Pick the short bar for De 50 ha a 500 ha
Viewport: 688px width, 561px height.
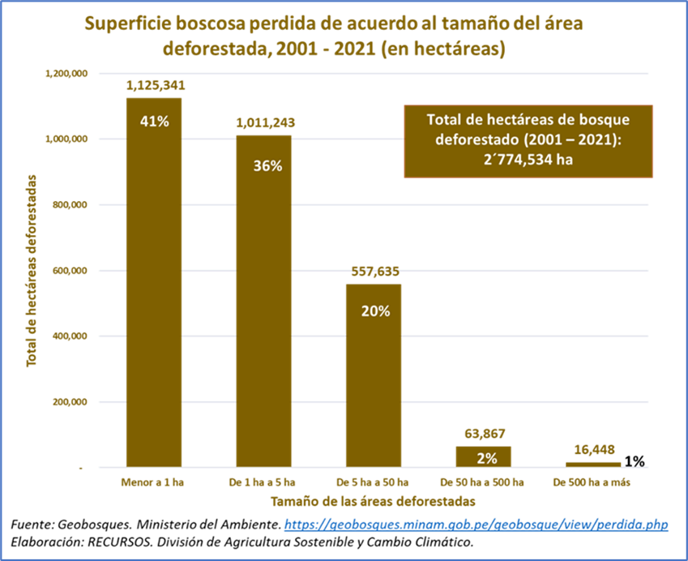[x=483, y=456]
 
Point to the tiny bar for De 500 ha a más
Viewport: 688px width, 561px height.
[x=592, y=464]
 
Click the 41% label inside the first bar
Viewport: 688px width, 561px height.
[x=154, y=122]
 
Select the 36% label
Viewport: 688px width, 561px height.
[x=266, y=165]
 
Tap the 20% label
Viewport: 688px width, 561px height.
[x=375, y=310]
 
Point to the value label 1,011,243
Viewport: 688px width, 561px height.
[x=264, y=123]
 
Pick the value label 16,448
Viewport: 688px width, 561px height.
[x=592, y=448]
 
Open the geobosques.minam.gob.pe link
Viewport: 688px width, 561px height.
[x=476, y=525]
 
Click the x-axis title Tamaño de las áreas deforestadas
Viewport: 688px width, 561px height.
[x=373, y=501]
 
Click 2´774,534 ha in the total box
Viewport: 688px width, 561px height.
[x=528, y=159]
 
